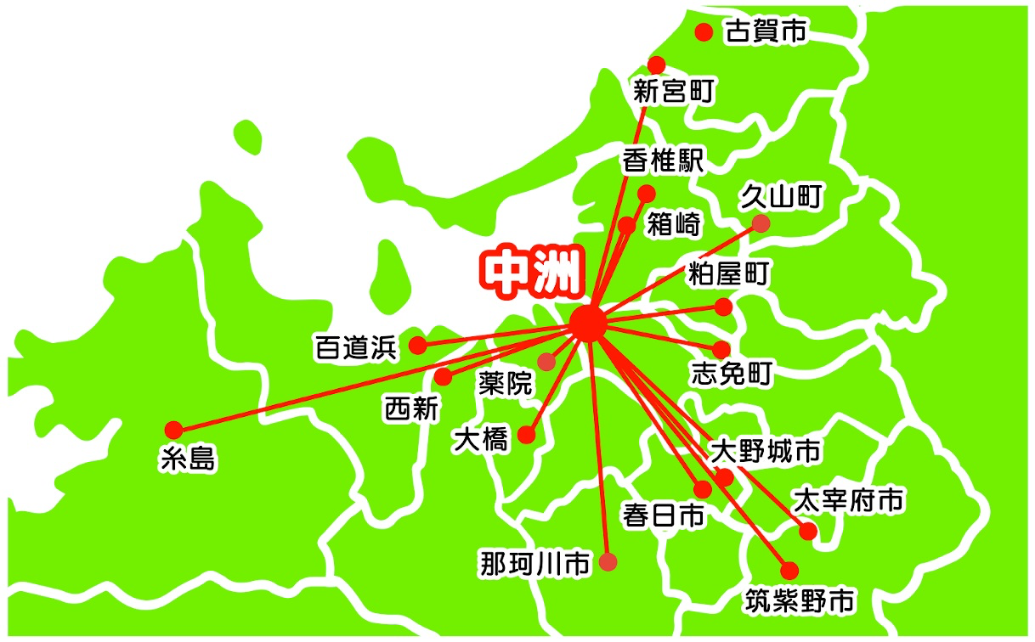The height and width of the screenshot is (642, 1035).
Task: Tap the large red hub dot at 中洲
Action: click(x=589, y=324)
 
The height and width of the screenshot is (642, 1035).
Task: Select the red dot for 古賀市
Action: click(x=704, y=32)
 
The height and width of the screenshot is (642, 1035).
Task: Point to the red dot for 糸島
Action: click(x=173, y=429)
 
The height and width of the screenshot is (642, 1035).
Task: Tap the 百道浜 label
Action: click(x=356, y=347)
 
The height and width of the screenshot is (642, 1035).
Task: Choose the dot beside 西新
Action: click(x=444, y=377)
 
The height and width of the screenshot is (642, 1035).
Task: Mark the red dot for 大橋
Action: click(x=527, y=436)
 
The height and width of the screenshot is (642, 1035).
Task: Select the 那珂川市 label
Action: click(x=534, y=563)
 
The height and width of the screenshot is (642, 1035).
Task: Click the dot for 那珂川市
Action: click(x=608, y=561)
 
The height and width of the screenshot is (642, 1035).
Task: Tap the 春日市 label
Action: click(x=664, y=515)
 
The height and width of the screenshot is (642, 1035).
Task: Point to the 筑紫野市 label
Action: click(x=800, y=601)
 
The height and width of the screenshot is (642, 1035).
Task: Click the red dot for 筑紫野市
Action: click(x=789, y=570)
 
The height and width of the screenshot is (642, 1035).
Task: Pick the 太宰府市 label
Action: click(x=847, y=500)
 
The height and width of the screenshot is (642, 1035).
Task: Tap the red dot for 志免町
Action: click(x=721, y=350)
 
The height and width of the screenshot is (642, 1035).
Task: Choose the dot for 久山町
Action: click(x=761, y=223)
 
